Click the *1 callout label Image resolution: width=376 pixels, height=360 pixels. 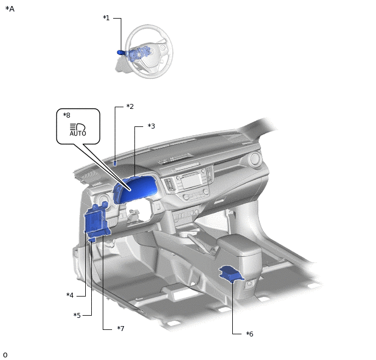pos(106,18)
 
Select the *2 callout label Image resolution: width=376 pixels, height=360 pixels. pos(130,106)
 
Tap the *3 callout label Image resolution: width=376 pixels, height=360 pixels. pos(151,126)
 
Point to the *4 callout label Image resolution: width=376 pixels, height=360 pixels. pos(70,295)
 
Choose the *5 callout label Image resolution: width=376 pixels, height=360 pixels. pos(77,315)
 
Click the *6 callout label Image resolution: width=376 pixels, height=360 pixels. pos(250,334)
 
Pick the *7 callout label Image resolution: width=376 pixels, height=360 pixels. pos(121,328)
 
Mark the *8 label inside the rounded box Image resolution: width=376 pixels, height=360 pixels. pos(67,115)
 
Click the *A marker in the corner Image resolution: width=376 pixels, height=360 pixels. pos(10,9)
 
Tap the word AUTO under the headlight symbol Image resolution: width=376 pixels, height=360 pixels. pos(78,133)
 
